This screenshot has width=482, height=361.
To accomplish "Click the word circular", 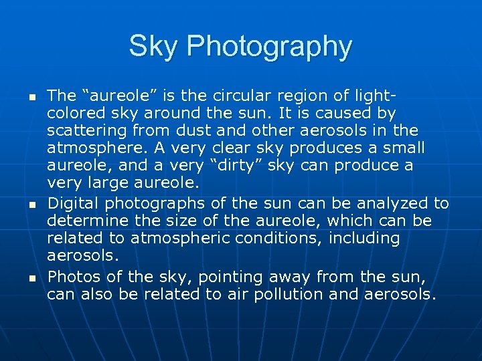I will coord(252,96).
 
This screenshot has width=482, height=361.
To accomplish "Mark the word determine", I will coord(86,221).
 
